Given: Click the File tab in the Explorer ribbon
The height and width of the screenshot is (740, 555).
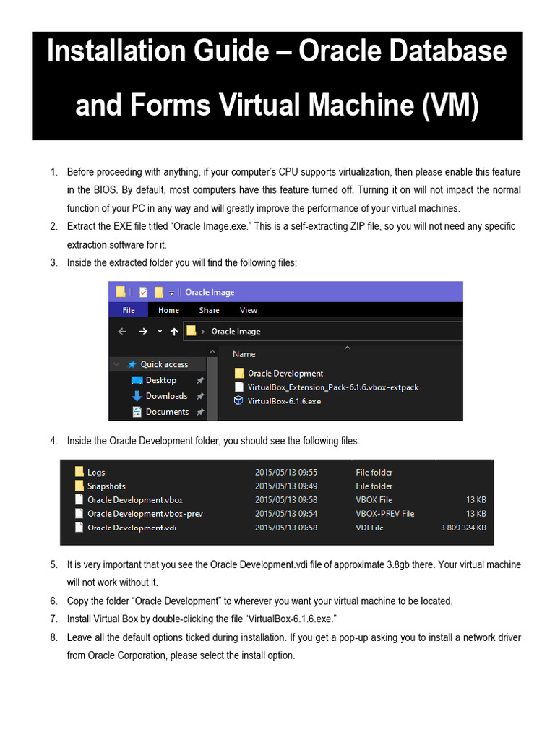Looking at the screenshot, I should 129,310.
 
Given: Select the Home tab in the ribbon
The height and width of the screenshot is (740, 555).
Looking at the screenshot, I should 168,310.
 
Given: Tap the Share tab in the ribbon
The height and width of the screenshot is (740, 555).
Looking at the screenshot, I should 209,310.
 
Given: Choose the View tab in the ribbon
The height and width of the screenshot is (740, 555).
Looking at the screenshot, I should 249,310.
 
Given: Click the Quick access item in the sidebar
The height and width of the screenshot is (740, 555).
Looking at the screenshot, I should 164,364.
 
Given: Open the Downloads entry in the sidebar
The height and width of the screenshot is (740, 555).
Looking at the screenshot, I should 166,396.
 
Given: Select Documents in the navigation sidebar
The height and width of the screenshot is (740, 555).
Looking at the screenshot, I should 167,412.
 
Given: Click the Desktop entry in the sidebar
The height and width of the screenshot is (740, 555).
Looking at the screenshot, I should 160,380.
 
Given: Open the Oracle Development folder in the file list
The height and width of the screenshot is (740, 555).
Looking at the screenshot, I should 285,374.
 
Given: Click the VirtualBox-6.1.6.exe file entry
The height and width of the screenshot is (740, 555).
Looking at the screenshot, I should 284,400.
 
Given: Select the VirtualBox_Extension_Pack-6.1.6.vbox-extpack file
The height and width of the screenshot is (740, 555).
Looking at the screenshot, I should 332,387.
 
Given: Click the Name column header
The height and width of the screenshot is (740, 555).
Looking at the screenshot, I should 244,354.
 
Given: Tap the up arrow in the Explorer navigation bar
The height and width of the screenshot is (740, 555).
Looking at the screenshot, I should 173,331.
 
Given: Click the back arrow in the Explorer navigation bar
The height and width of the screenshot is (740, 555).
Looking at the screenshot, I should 122,331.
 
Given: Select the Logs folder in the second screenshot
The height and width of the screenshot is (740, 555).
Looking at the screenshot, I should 96,473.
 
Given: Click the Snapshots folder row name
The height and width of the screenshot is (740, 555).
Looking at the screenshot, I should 106,486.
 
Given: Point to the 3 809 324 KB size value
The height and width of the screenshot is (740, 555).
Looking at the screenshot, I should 463,528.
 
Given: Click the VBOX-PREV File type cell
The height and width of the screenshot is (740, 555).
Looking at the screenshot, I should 384,514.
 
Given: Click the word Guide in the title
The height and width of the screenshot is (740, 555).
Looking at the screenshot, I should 241,52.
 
